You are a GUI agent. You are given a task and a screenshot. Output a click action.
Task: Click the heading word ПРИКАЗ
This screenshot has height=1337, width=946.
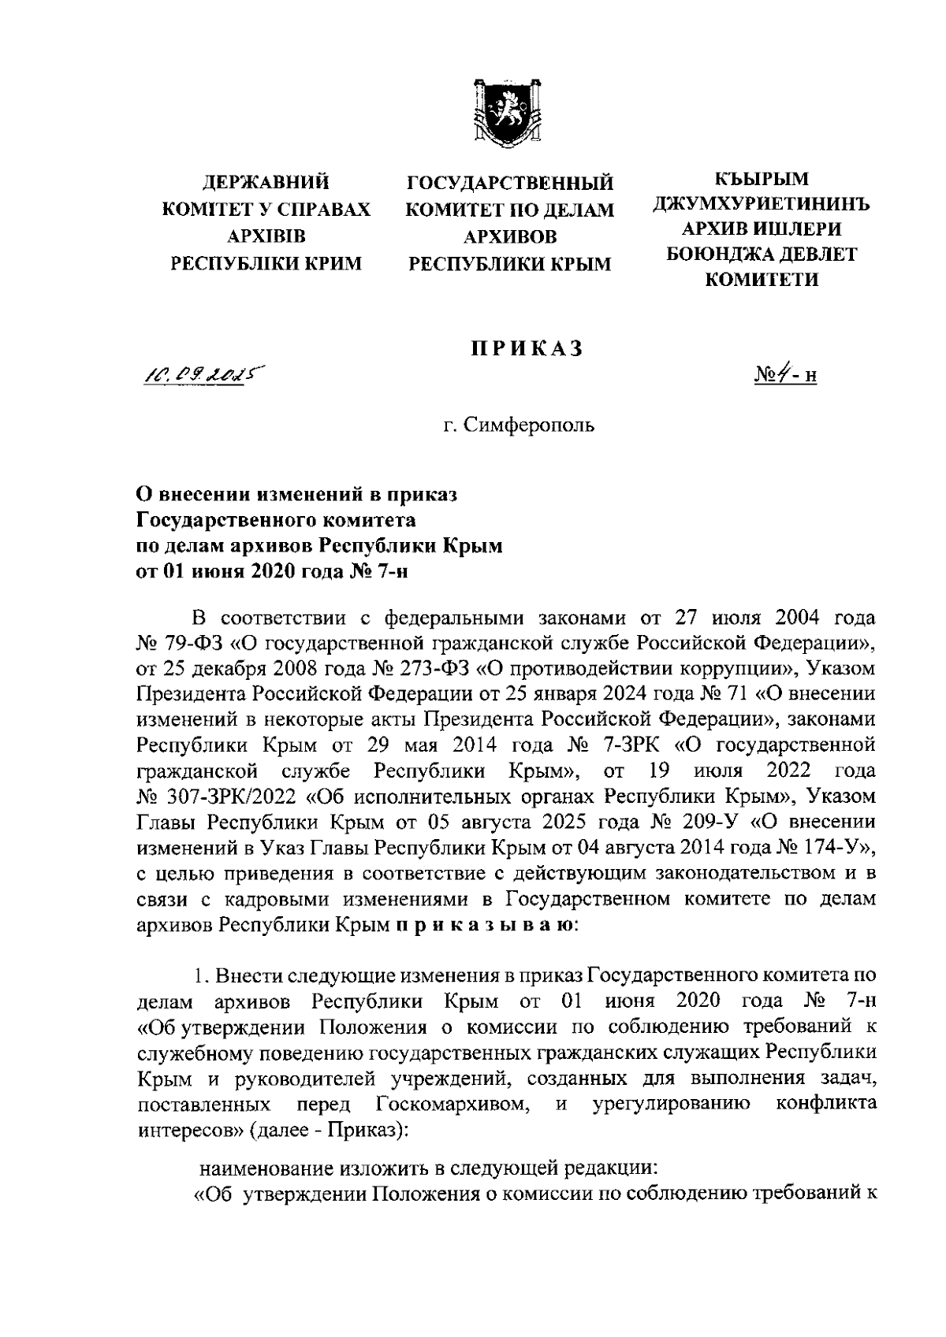point(526,349)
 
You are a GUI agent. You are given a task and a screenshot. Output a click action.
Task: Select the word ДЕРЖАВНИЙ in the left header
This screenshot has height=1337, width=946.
point(266,184)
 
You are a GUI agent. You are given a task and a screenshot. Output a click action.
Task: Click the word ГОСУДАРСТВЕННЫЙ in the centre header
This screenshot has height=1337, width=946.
point(509,184)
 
